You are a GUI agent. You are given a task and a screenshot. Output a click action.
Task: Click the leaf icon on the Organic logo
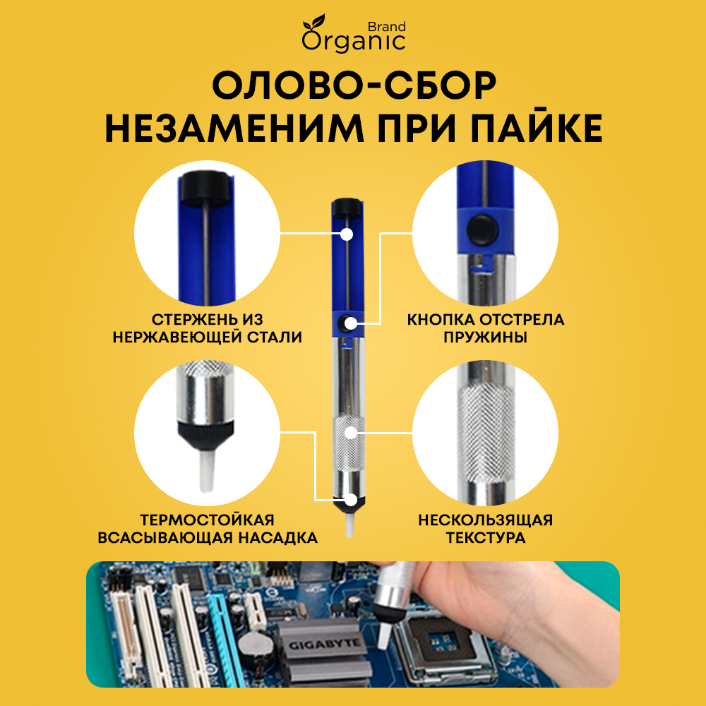click(314, 22)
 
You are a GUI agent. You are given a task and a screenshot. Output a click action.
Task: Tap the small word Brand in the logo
click(386, 27)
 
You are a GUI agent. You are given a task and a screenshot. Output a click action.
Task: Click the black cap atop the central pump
click(347, 207)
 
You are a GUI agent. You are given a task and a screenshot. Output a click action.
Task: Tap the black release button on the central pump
click(347, 323)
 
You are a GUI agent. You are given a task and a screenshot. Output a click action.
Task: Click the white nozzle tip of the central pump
click(349, 524)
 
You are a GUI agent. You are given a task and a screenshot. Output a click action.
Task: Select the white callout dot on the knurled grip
click(351, 433)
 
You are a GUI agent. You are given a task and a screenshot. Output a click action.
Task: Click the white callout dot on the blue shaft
click(346, 234)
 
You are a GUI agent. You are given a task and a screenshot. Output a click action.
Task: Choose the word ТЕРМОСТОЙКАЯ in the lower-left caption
click(207, 520)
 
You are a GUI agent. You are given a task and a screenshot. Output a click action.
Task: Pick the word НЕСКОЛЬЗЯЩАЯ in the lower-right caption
click(486, 520)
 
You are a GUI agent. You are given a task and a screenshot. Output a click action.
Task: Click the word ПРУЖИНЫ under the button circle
click(486, 337)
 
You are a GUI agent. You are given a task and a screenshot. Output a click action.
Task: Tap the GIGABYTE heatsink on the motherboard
click(324, 647)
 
